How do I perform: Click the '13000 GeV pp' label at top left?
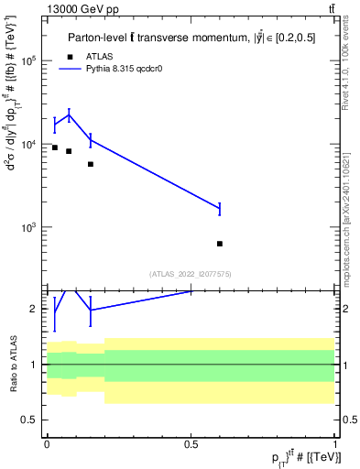click(x=77, y=8)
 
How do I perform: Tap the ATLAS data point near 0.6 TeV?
click(x=220, y=244)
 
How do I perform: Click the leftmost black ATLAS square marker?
click(x=55, y=147)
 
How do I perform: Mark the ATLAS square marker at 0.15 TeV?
click(x=91, y=164)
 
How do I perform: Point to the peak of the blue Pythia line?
click(x=69, y=115)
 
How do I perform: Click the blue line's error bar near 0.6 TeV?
click(x=220, y=209)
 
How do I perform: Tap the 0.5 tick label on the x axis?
click(x=191, y=443)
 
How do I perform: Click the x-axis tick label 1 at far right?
click(x=334, y=443)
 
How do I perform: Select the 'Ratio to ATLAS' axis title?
click(x=12, y=365)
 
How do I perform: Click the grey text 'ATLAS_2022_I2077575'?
click(x=191, y=274)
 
